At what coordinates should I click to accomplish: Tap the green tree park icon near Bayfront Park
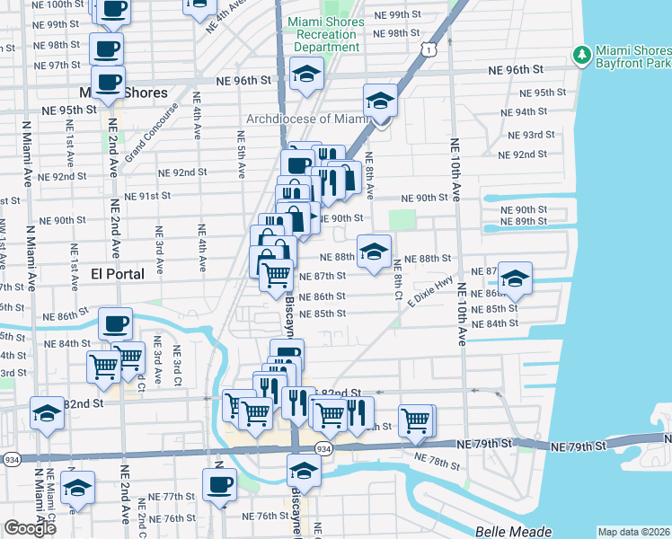tap(580, 56)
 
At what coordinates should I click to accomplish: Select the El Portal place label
tap(118, 274)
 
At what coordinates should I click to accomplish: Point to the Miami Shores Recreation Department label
tap(325, 34)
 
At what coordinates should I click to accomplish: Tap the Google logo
tap(30, 528)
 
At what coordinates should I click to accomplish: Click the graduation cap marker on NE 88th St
tap(374, 251)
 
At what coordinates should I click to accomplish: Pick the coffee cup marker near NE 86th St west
tap(115, 323)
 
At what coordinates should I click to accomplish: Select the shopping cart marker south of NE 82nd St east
tap(417, 419)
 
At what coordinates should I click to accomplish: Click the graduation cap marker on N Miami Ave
tap(47, 413)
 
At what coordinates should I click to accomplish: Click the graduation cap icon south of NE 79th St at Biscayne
tap(304, 471)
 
